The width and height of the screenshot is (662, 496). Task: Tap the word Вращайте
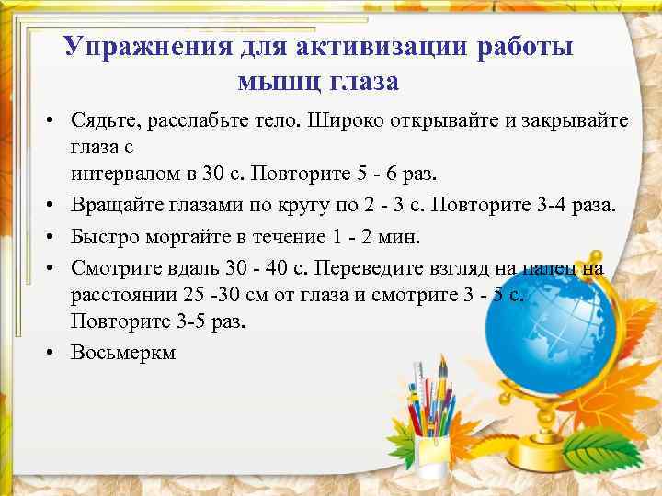(112, 205)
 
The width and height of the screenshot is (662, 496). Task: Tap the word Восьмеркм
(122, 353)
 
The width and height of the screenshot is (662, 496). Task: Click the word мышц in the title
(273, 82)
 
